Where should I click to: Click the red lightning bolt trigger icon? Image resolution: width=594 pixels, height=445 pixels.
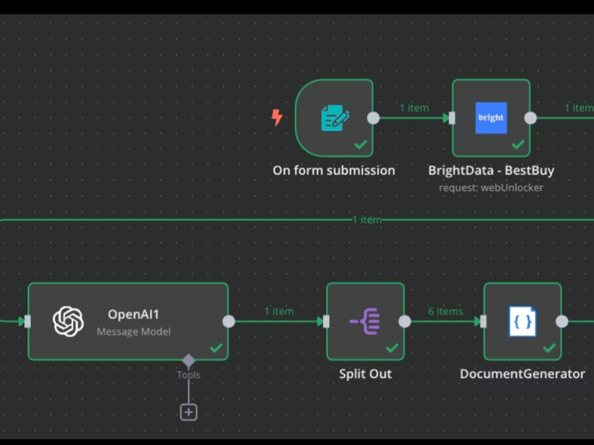[277, 117]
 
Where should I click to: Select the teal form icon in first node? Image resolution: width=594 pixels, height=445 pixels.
[335, 117]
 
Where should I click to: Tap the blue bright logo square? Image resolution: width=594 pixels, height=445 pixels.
[491, 117]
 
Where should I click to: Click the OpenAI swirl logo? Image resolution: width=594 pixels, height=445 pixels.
[68, 322]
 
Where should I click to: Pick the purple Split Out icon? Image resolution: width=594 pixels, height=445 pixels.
[365, 322]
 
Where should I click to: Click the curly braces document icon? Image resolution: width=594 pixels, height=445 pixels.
[523, 322]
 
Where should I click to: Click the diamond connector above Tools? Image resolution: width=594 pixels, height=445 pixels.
[188, 360]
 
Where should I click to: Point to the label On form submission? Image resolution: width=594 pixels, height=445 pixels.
[334, 170]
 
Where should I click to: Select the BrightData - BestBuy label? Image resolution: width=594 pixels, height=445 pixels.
[491, 170]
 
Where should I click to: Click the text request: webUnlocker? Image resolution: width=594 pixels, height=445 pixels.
[491, 187]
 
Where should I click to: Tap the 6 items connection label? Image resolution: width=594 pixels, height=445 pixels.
[445, 311]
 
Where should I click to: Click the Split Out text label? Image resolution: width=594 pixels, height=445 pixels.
[365, 374]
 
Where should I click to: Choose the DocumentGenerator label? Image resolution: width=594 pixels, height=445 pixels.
[523, 374]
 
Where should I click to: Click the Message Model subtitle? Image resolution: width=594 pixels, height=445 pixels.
[134, 332]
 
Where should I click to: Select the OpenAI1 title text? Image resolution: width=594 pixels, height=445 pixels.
[134, 314]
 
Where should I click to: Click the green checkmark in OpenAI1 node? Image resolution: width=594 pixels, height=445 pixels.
[216, 348]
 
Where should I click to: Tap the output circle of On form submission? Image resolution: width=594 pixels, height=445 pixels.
[373, 117]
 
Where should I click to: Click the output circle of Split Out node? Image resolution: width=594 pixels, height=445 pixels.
[405, 322]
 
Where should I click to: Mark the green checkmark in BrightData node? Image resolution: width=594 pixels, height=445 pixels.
[518, 144]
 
